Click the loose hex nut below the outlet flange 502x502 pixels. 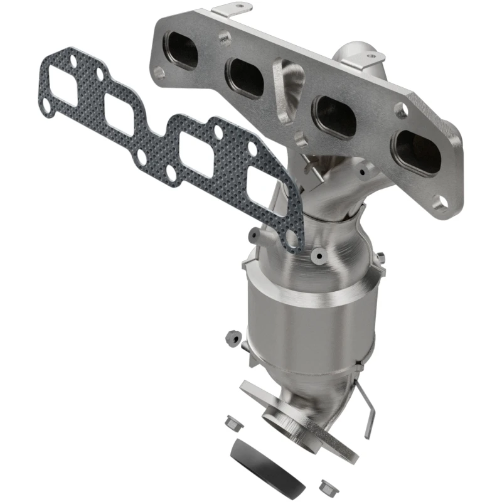pyautogui.click(x=326, y=485)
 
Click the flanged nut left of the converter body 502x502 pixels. pyautogui.click(x=231, y=337)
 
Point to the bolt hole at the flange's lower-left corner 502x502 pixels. pyautogui.click(x=159, y=73)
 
